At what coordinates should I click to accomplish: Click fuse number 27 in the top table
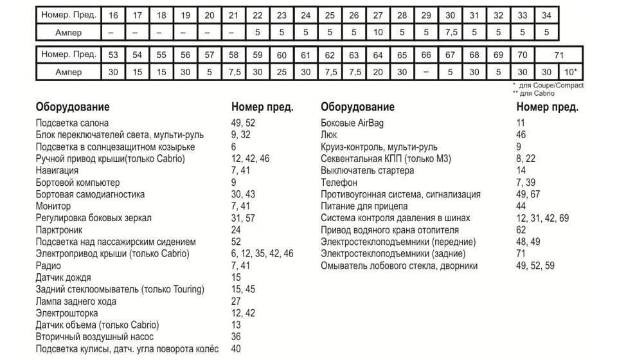(378, 15)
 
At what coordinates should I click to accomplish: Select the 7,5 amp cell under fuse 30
(451, 32)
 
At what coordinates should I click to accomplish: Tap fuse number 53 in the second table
(113, 55)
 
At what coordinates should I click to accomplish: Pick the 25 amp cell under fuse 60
(282, 72)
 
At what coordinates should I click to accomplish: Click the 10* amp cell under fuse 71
(571, 72)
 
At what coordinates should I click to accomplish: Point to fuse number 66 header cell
(425, 55)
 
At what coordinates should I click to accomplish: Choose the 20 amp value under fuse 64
(378, 72)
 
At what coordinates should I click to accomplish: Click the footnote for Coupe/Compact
(548, 85)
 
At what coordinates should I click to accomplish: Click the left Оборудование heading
(73, 107)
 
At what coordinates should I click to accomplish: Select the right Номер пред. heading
(547, 107)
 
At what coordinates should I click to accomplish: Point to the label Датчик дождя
(64, 278)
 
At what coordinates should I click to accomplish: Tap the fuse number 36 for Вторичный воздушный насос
(236, 337)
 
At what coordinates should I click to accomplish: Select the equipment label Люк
(328, 135)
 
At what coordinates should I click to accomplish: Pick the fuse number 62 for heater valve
(521, 230)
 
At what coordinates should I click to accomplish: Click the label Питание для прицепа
(364, 206)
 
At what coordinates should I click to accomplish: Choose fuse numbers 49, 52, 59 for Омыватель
(535, 265)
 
